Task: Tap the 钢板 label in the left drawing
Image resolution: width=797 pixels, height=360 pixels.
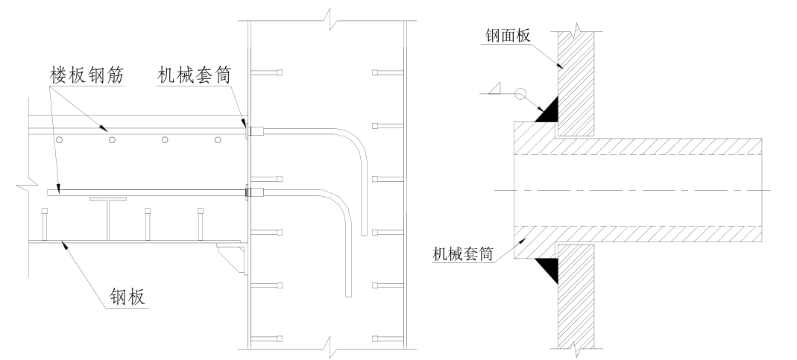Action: click(126, 297)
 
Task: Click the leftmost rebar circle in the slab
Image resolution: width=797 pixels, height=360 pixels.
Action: click(59, 140)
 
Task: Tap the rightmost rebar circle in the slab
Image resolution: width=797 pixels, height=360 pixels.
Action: click(218, 140)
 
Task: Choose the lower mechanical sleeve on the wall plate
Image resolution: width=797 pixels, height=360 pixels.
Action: click(256, 193)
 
